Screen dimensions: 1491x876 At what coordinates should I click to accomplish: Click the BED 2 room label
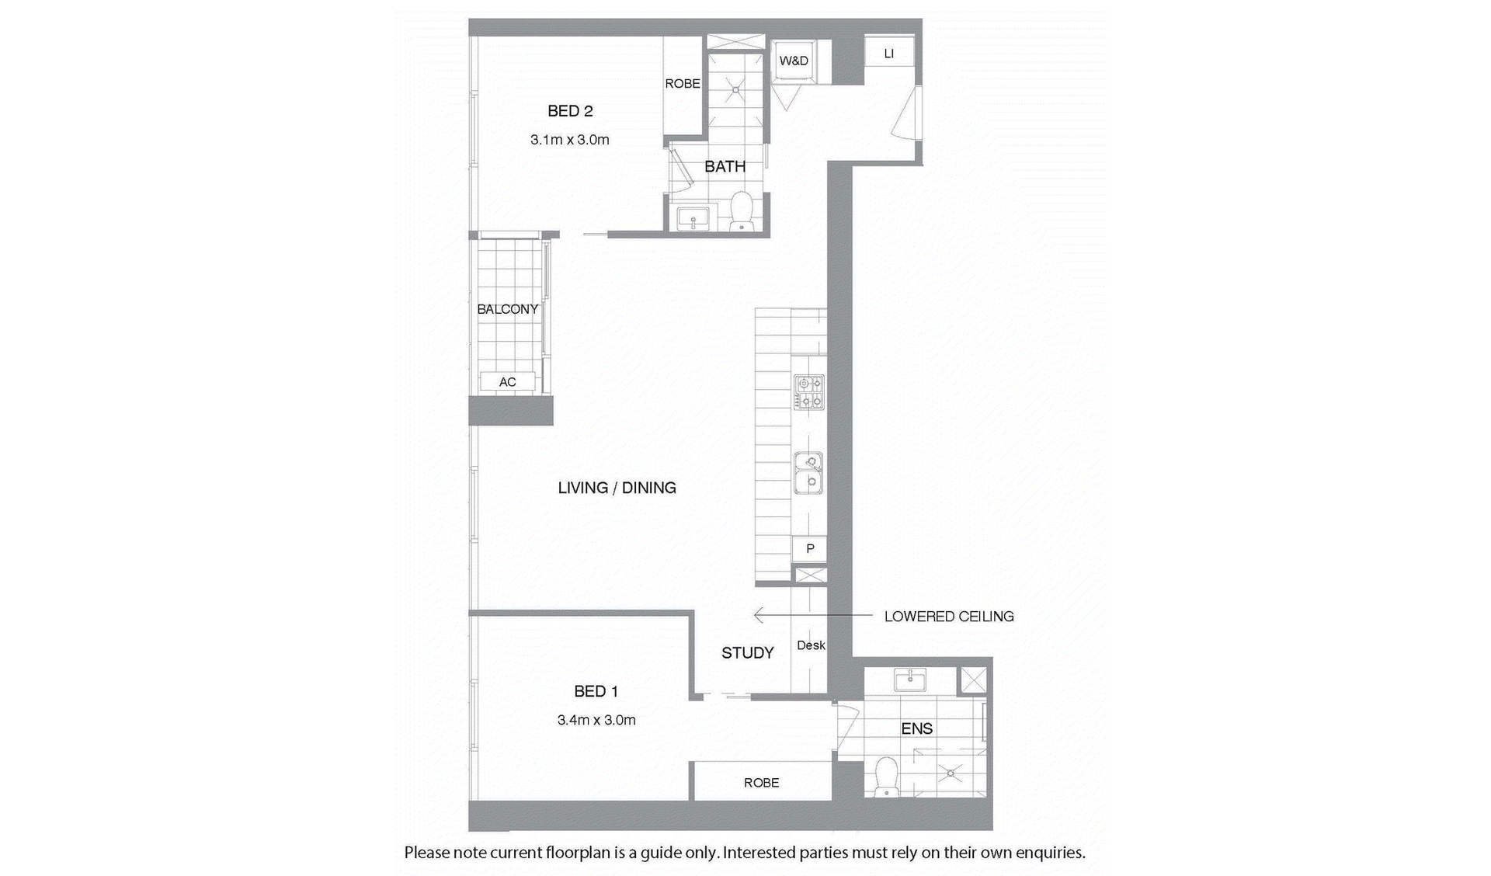570,111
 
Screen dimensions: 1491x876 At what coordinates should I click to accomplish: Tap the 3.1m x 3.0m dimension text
570,140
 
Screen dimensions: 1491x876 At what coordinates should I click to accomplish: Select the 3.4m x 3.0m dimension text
596,720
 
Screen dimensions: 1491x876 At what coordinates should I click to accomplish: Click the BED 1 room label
596,691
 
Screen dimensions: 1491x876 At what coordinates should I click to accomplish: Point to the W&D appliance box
794,61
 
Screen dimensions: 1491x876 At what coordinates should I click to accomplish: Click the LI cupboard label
889,54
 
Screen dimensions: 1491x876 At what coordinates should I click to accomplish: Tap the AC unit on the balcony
508,381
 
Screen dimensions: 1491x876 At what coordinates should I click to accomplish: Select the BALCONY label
508,309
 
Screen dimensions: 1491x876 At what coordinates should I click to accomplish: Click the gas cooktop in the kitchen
809,391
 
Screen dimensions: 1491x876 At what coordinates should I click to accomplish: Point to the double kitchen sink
809,474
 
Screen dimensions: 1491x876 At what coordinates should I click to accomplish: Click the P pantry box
810,549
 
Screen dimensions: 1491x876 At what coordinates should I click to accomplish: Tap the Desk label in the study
811,645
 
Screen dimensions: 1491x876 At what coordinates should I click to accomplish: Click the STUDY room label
748,653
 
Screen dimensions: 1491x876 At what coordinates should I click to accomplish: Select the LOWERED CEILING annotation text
949,617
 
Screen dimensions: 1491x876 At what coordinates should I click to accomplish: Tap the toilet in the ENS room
885,777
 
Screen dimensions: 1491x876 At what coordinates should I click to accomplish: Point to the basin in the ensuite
909,680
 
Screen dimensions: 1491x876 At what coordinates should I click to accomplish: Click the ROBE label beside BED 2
683,84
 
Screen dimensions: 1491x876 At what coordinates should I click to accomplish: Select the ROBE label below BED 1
762,783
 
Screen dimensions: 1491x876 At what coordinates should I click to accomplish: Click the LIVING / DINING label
617,488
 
